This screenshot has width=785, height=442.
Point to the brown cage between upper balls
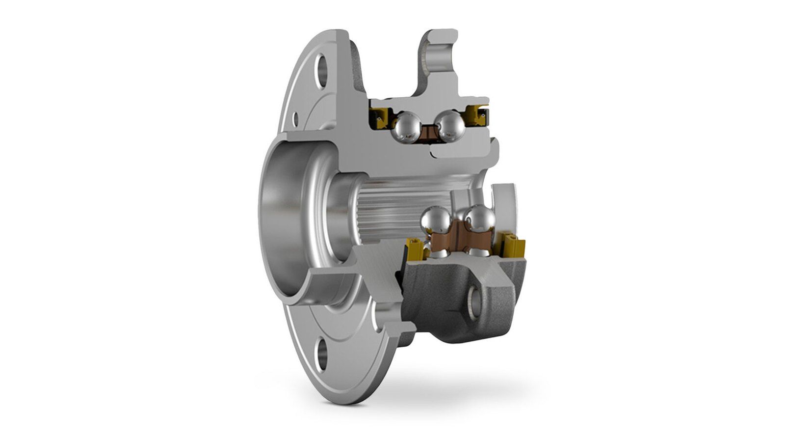pos(428,133)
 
